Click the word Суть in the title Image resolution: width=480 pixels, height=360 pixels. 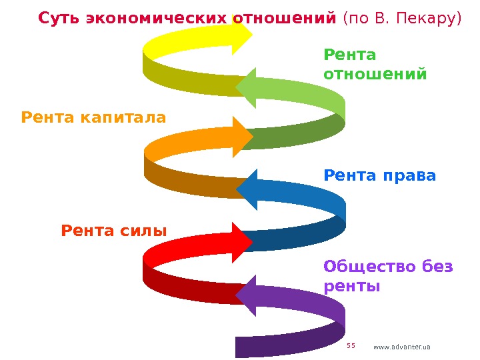click(57, 18)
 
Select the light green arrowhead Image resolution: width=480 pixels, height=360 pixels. click(248, 87)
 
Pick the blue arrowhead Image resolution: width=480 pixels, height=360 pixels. click(248, 189)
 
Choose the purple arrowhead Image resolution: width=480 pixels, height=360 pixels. click(248, 294)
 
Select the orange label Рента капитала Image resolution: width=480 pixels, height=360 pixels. click(93, 118)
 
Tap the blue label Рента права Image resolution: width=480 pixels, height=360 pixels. click(379, 176)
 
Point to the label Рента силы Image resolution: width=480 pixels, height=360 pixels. click(113, 231)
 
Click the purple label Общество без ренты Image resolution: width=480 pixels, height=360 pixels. click(387, 277)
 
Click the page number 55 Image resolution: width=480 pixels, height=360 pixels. click(351, 345)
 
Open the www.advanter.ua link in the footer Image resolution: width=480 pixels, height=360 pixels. click(402, 347)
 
